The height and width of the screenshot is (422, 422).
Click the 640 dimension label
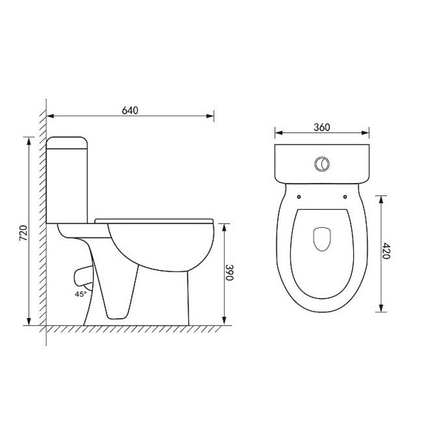130,110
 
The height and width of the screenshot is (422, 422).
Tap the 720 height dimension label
23,233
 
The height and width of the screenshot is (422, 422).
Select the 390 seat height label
229,272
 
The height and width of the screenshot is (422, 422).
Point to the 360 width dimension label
322,127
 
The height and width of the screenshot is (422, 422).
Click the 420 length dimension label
386,251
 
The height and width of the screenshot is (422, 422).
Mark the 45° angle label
81,294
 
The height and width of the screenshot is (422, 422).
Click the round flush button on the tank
322,164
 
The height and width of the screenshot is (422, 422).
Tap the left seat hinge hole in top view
299,197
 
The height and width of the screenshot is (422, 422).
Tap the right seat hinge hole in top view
345,197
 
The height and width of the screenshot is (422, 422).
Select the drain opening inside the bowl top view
322,239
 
